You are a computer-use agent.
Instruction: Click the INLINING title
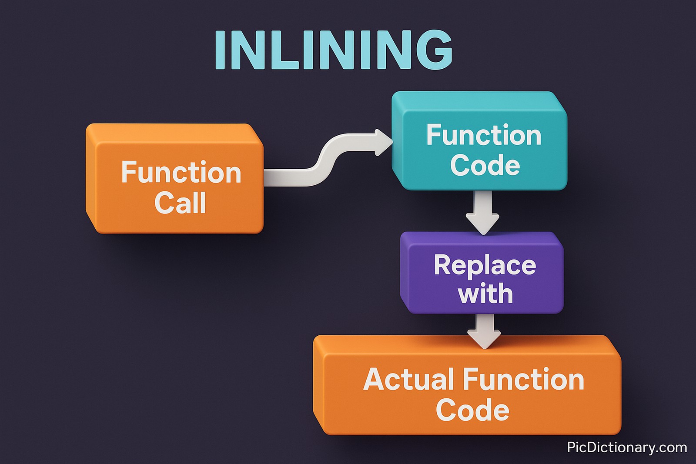coord(334,50)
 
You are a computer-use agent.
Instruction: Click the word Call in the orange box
coord(180,203)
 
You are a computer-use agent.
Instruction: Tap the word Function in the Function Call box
coord(181,173)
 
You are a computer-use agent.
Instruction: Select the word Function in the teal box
coord(484,135)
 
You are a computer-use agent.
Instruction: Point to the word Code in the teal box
coord(485,165)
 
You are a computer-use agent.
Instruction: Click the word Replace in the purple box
coord(485,265)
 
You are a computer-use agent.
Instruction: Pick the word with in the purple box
coord(485,294)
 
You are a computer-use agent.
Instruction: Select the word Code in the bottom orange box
coord(472,410)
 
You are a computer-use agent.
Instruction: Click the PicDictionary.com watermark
coord(627,447)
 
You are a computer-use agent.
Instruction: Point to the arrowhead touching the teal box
coord(383,142)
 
